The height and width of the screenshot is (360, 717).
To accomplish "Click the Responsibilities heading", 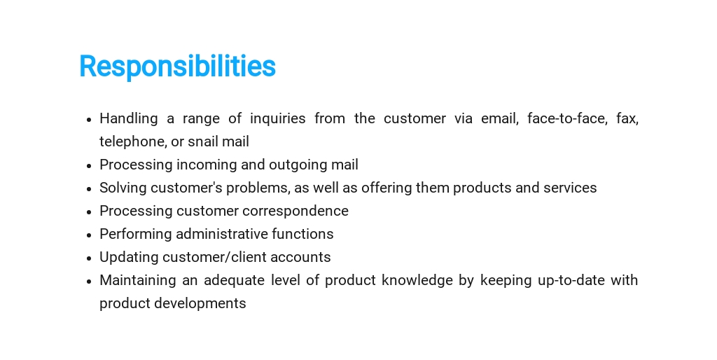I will pos(177,67).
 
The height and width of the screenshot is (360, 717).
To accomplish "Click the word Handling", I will pos(129,118).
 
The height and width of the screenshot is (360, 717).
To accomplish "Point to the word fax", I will pos(627,118).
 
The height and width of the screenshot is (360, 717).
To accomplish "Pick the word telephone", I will pos(133,141).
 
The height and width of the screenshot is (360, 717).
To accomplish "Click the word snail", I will pos(203,141).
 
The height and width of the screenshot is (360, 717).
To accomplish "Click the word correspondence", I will pos(295,211).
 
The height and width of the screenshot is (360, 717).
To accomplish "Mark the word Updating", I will pos(129,257).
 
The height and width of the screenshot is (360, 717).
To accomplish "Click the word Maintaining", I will pos(138,280).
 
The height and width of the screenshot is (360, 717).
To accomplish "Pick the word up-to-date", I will pos(569,280).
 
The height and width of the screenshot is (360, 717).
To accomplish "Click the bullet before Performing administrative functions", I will pos(89,235).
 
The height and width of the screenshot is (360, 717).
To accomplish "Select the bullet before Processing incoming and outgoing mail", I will pos(89,165).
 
